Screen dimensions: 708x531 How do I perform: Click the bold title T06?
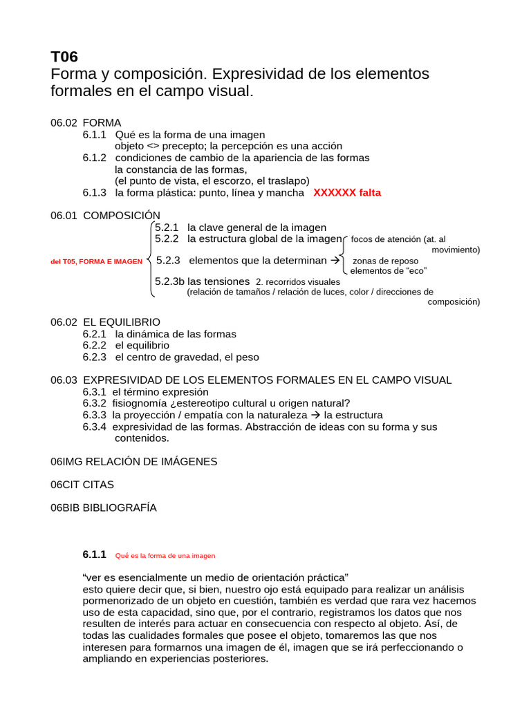(66, 57)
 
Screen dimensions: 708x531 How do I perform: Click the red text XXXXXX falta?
(347, 193)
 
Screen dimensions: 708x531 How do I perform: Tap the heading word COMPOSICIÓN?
(122, 216)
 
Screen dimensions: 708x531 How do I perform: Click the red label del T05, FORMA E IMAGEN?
(96, 261)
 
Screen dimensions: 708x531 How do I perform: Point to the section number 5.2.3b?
(170, 281)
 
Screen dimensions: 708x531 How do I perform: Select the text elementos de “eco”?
(388, 271)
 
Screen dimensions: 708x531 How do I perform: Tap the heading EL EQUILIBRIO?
(122, 322)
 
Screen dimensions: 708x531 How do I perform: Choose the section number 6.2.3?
(94, 357)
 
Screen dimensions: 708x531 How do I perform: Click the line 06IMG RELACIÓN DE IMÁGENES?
(133, 461)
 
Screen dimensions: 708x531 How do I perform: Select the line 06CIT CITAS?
(82, 485)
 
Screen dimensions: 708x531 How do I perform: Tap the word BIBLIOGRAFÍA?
(120, 507)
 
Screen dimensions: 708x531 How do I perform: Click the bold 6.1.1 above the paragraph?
(94, 555)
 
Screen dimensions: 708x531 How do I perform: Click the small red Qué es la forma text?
(165, 555)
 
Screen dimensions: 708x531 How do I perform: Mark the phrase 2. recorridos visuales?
(297, 282)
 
